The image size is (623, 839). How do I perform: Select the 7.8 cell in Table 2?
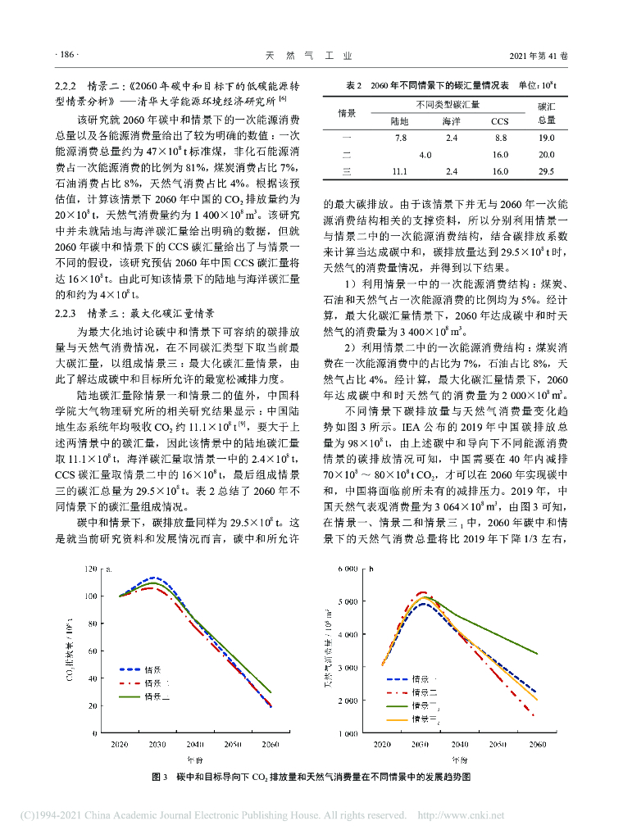coord(400,138)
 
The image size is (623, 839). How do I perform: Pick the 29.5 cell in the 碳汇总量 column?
coord(547,171)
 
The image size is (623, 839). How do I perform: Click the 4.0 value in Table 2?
coord(425,155)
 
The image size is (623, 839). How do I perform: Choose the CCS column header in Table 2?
coord(500,121)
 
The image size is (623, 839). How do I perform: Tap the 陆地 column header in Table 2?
coord(400,121)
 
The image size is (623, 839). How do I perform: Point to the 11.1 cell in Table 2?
coord(400,171)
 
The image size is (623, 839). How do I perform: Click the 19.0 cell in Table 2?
coord(547,138)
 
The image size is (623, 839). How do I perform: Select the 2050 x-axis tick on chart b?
coord(498,745)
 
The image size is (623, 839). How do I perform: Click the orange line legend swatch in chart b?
coord(397,719)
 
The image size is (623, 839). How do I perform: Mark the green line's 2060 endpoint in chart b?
coord(537,654)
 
